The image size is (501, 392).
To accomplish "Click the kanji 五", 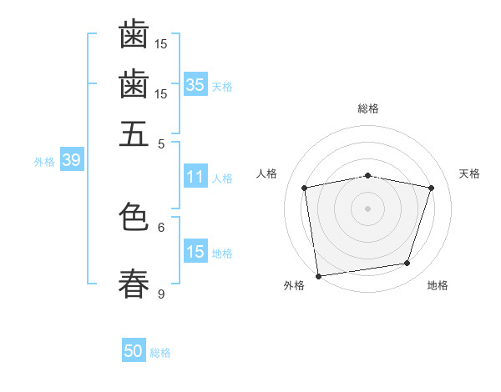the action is tap(134, 133).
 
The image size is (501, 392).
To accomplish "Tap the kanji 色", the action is tap(134, 216).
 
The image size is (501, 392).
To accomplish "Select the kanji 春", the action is tap(134, 284).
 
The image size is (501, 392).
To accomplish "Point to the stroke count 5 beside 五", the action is tap(161, 144).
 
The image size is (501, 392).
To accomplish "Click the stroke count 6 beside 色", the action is tap(161, 228).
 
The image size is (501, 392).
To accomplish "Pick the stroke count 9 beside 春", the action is tap(161, 294).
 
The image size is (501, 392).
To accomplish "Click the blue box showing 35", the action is tap(195, 84).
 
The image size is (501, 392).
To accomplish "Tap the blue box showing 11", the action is tap(195, 176).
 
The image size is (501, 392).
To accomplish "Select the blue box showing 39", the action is tap(72, 159).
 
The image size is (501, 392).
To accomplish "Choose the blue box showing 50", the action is tap(134, 349).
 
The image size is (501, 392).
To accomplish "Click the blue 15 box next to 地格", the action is tap(195, 250).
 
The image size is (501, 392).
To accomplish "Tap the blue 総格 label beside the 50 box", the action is tap(160, 353).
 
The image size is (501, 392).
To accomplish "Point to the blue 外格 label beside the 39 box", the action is tap(44, 162).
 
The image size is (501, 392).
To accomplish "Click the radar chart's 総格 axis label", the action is tap(368, 108).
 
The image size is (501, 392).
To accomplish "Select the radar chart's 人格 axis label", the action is tap(266, 173).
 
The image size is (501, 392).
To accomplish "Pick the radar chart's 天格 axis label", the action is tap(469, 173).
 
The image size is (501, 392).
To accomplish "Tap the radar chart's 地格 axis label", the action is tap(438, 285).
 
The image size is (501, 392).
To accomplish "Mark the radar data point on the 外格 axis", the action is tap(318, 276).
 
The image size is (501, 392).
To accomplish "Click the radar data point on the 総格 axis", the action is tap(367, 176).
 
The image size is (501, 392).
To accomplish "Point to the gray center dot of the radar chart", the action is tap(367, 209).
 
